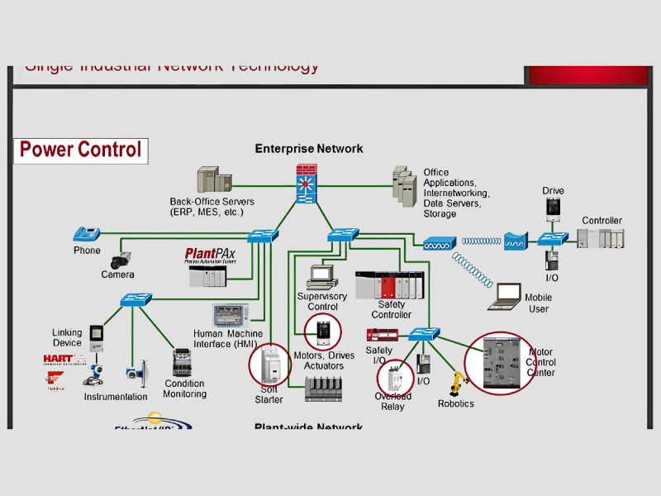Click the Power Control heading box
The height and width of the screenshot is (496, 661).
point(81,150)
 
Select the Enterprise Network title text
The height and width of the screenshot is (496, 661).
point(308,149)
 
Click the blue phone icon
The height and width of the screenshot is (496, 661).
point(86,234)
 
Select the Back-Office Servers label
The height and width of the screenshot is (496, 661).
point(212,207)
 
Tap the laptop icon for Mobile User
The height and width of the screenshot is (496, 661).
point(504,296)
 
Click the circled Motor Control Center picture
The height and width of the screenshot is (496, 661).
point(497,363)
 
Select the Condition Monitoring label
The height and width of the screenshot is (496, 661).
point(185,389)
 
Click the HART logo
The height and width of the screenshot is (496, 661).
point(64,359)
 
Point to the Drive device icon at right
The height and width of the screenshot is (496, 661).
point(553,208)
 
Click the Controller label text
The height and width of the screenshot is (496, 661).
point(602,221)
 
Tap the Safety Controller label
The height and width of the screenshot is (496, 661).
point(391,309)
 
